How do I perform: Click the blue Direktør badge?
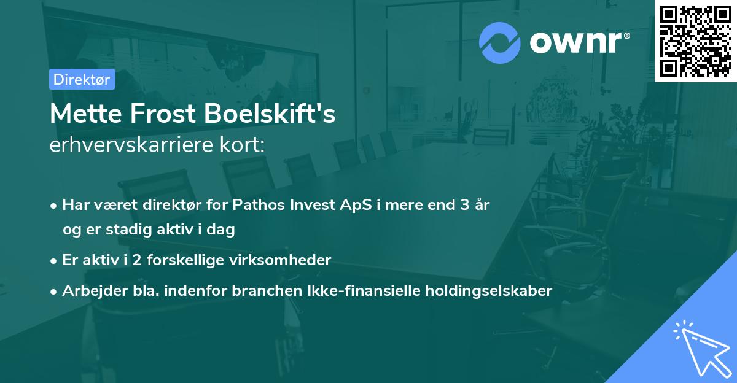tap(82, 79)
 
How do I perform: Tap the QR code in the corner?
tap(696, 41)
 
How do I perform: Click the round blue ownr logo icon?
tap(499, 43)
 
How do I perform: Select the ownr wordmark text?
tap(580, 43)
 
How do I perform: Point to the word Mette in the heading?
tap(86, 114)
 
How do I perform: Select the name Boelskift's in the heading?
tap(270, 114)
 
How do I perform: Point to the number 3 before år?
tap(464, 204)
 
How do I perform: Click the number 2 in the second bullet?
tap(137, 260)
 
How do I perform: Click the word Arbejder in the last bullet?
tap(95, 290)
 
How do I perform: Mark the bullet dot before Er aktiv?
tap(53, 261)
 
